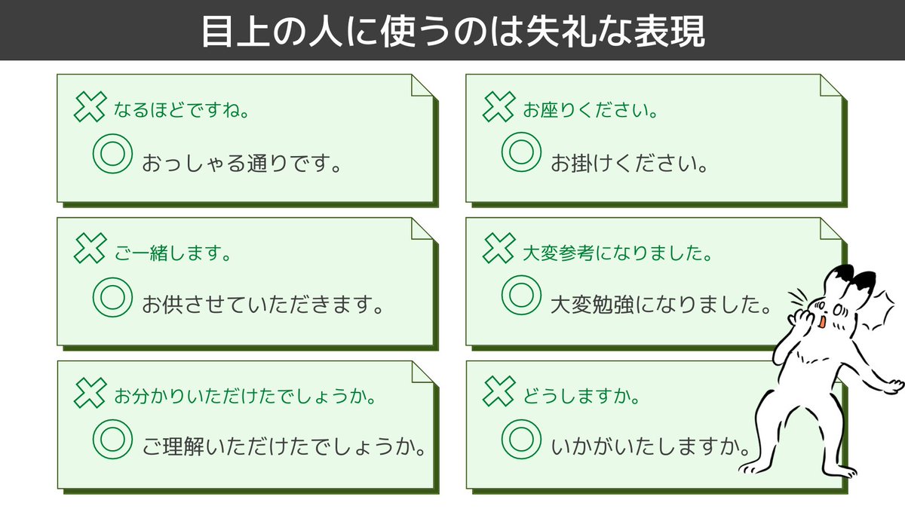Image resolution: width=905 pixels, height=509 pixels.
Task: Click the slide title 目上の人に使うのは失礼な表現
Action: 452,31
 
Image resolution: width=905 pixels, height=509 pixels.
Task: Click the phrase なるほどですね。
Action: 182,111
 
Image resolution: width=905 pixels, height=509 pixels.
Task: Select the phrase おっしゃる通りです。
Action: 241,162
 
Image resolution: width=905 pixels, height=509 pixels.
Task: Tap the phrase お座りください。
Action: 591,111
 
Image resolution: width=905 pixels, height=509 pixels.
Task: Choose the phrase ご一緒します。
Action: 172,253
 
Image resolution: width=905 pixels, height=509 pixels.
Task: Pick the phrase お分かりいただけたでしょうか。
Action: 245,395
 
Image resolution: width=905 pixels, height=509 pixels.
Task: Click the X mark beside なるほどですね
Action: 90,107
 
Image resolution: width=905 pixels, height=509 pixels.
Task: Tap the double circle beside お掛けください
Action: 521,151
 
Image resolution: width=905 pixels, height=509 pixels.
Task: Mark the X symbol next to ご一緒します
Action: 90,249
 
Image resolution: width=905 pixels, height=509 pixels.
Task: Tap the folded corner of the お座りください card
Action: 830,86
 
